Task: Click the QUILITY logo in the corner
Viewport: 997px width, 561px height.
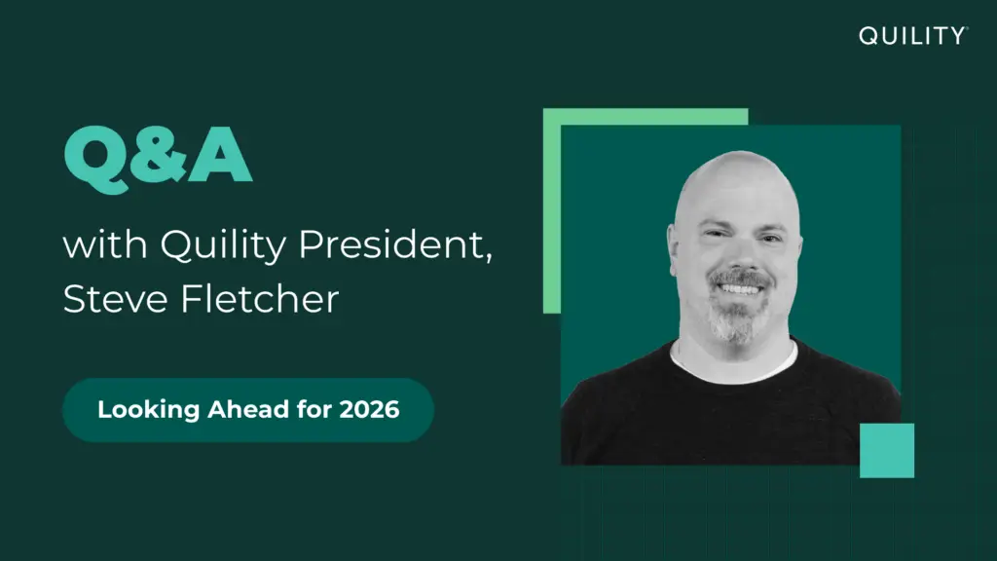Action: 911,36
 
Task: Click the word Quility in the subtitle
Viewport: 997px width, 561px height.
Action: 223,245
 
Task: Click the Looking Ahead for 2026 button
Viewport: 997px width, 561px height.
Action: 248,410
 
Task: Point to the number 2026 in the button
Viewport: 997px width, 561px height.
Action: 369,410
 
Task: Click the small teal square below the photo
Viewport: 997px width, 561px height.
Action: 886,450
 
